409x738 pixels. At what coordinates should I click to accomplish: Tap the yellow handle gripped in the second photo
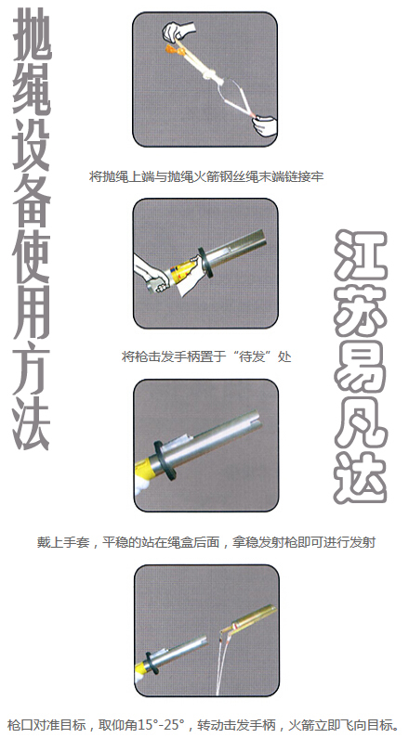click(181, 272)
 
